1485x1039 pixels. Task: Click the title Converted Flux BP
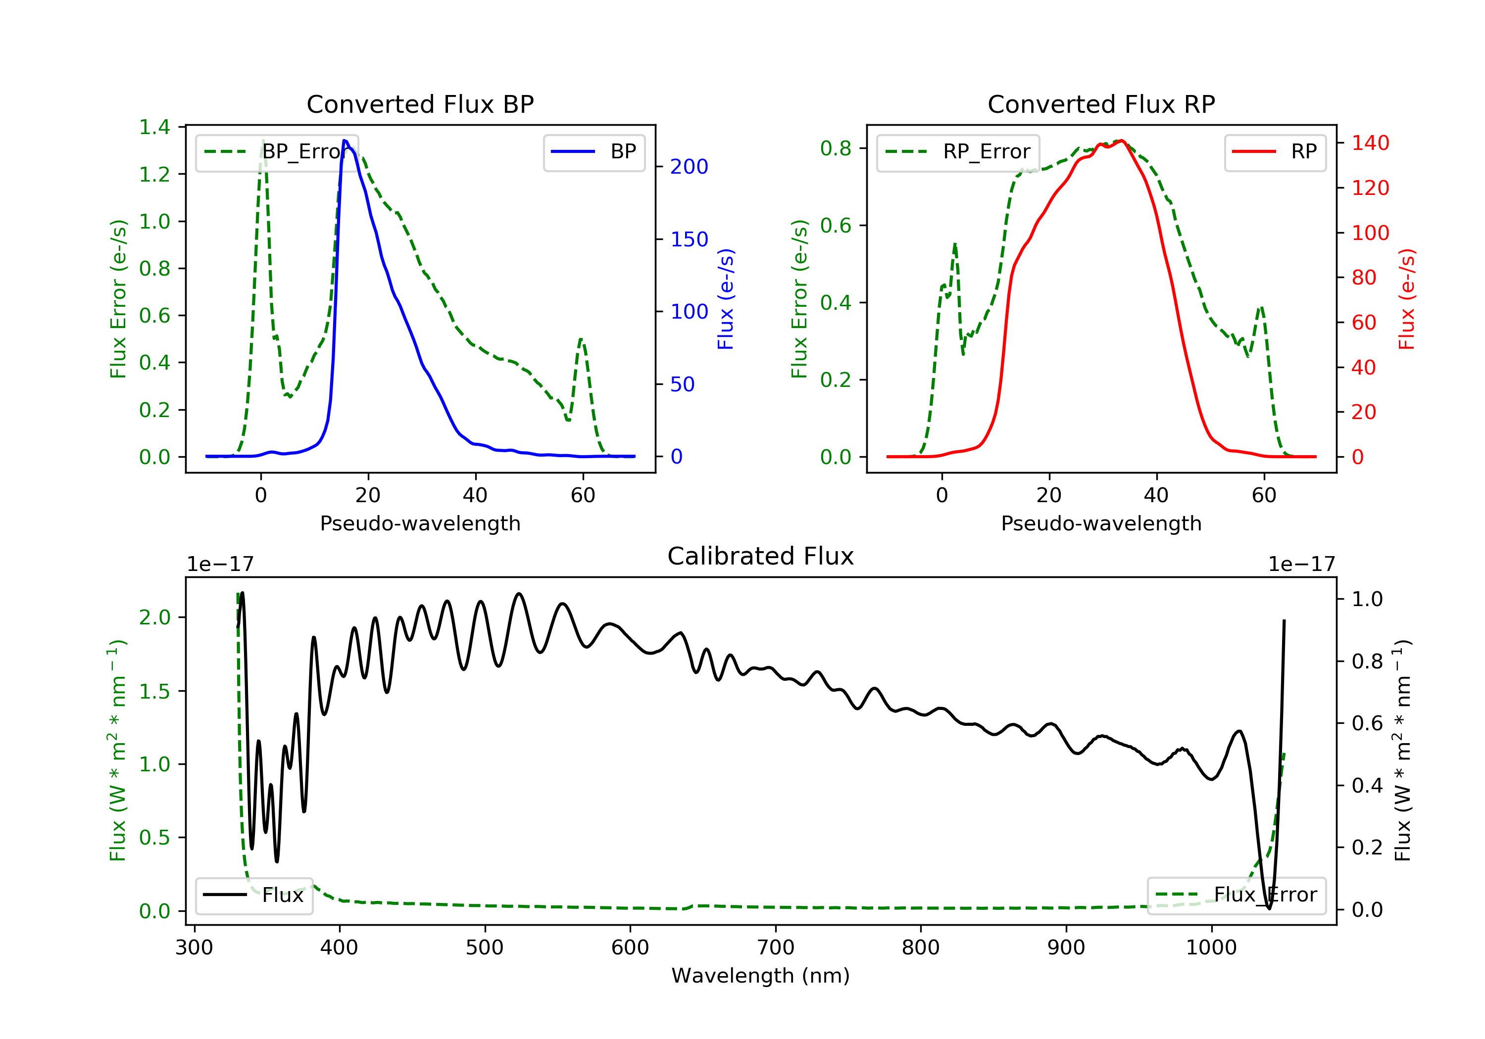420,104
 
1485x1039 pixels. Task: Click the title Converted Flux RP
1101,104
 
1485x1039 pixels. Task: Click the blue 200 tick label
689,167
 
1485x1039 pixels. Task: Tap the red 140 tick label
1370,143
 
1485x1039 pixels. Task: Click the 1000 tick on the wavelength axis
1211,948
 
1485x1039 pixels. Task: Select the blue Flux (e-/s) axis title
725,299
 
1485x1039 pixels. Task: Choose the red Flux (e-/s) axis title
1406,299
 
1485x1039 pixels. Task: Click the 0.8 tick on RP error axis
836,149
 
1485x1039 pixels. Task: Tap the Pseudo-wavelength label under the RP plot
1101,523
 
